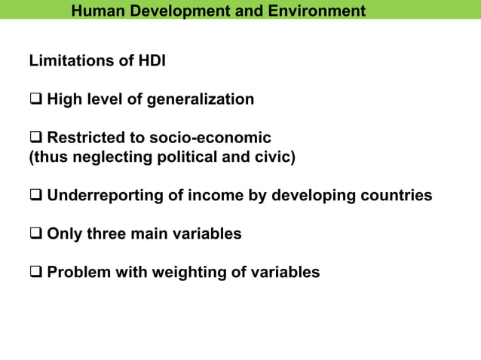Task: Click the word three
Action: point(106,234)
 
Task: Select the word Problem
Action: point(79,273)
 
